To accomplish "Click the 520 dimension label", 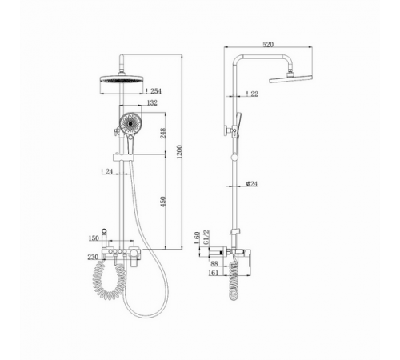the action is [x=268, y=45].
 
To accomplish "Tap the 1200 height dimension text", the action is [x=179, y=152].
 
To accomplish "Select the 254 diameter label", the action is [x=154, y=91].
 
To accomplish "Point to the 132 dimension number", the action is [x=152, y=102].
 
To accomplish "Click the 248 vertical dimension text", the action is [x=163, y=133].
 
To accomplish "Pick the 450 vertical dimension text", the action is [x=163, y=201].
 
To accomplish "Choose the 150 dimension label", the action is [x=94, y=238].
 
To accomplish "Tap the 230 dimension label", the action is [x=93, y=257].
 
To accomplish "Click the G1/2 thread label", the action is [x=206, y=237].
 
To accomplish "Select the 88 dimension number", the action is [x=214, y=264].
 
